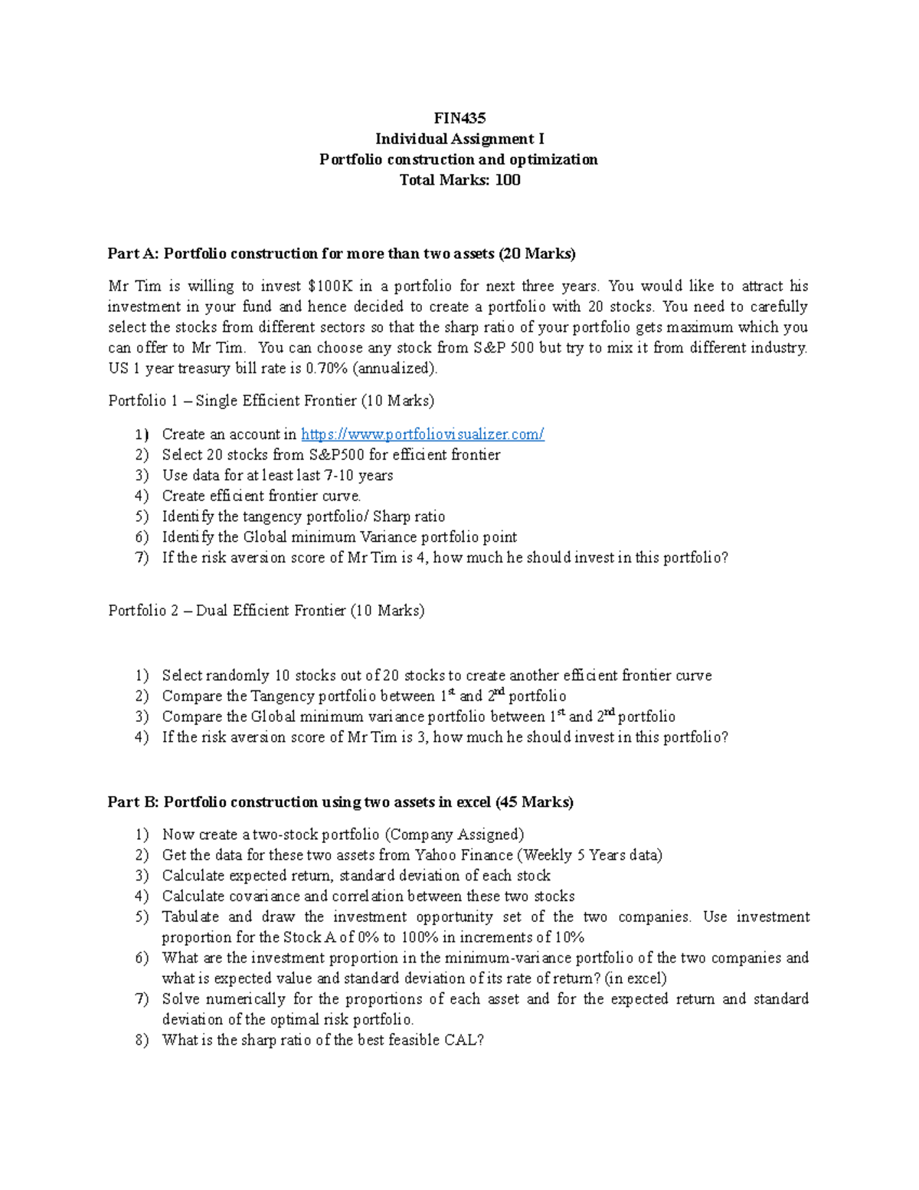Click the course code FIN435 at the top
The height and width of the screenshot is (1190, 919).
click(x=459, y=118)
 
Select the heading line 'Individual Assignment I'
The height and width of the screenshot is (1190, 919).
click(x=459, y=139)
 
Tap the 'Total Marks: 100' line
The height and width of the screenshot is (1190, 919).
click(x=459, y=180)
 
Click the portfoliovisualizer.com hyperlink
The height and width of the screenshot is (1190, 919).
click(x=422, y=434)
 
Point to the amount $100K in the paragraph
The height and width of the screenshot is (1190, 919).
click(x=329, y=287)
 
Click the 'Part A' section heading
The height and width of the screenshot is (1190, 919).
click(x=341, y=254)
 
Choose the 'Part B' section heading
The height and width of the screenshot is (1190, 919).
click(x=340, y=802)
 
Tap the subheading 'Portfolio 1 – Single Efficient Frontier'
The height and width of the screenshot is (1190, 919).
click(x=271, y=401)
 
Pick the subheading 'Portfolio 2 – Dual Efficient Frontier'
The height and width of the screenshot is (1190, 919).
click(x=266, y=611)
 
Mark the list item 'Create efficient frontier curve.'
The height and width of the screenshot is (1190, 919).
click(x=261, y=496)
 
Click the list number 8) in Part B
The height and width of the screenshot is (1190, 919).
click(x=142, y=1041)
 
